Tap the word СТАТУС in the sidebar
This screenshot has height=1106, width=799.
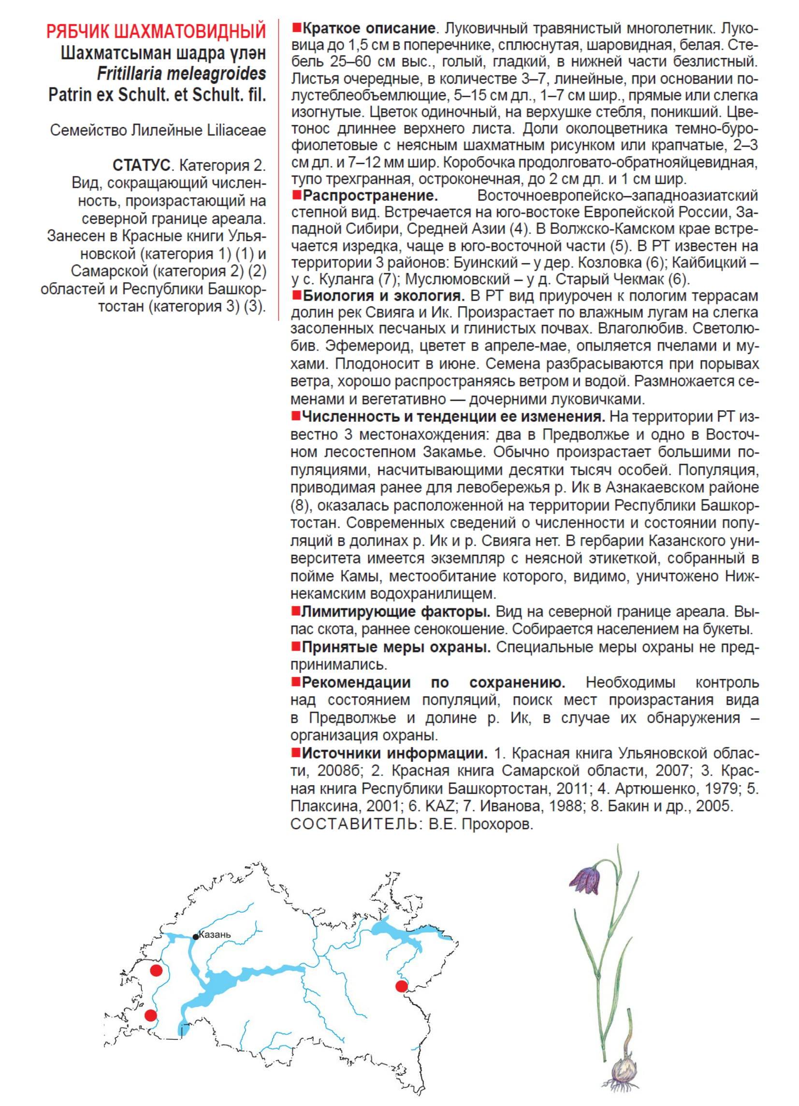click(141, 166)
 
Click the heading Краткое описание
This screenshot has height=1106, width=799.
click(367, 29)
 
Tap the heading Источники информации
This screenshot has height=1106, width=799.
click(395, 754)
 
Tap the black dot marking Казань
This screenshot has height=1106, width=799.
click(195, 936)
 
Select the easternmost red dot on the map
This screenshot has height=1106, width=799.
click(401, 987)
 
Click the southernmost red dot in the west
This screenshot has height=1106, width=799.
click(151, 1015)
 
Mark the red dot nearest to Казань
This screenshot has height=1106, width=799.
click(156, 971)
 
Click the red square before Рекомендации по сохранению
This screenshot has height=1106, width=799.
click(295, 680)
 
